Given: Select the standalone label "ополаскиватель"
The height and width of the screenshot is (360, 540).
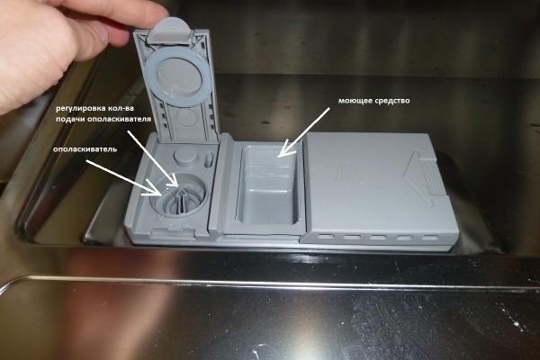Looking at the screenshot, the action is (85, 149).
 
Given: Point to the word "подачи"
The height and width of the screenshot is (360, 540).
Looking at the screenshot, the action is (69, 119).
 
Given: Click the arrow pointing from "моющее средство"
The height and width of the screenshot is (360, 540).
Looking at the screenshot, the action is (304, 132).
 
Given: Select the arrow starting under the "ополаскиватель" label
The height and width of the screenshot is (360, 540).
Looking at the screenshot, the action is (123, 177).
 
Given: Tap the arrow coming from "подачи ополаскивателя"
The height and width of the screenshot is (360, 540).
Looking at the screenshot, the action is (153, 158).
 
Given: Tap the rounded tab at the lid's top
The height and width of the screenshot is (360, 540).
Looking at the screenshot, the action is (170, 31).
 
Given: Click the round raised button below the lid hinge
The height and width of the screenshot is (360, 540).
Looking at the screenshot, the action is (184, 156).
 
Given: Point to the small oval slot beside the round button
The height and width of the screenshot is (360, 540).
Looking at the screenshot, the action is (209, 161).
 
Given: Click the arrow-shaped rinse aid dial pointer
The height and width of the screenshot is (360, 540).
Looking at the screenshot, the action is (181, 199).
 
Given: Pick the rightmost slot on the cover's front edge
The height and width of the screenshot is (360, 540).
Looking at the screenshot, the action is (429, 238).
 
